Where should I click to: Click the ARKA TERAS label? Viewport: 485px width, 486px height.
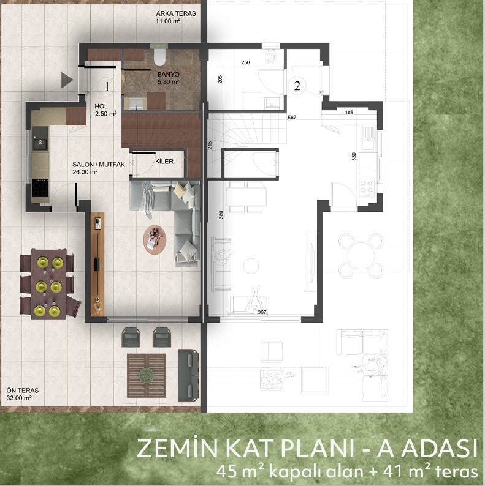point(176,13)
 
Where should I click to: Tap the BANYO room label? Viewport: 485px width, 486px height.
point(168,75)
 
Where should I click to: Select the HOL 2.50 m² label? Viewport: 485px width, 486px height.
point(105,110)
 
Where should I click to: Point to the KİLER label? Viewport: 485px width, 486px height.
point(164,162)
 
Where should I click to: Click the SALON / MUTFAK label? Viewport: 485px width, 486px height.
point(99,165)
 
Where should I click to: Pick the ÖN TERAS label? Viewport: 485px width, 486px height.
point(22,391)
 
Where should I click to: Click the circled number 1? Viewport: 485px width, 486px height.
point(107,86)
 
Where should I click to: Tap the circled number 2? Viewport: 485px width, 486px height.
point(297,86)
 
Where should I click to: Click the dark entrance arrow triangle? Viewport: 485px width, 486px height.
point(67,80)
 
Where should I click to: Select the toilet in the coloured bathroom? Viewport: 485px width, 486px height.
point(159,57)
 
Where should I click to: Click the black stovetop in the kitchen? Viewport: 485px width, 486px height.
point(40,188)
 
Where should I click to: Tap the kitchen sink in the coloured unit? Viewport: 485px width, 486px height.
point(40,144)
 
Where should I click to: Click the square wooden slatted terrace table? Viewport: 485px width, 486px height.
point(147,376)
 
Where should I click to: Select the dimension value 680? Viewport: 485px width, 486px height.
point(221,215)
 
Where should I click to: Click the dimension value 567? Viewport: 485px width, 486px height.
point(292,118)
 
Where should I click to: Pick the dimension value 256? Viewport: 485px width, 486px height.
point(245,62)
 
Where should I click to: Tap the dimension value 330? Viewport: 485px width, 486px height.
point(354,156)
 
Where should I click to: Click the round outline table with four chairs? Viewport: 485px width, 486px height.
point(360,256)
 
